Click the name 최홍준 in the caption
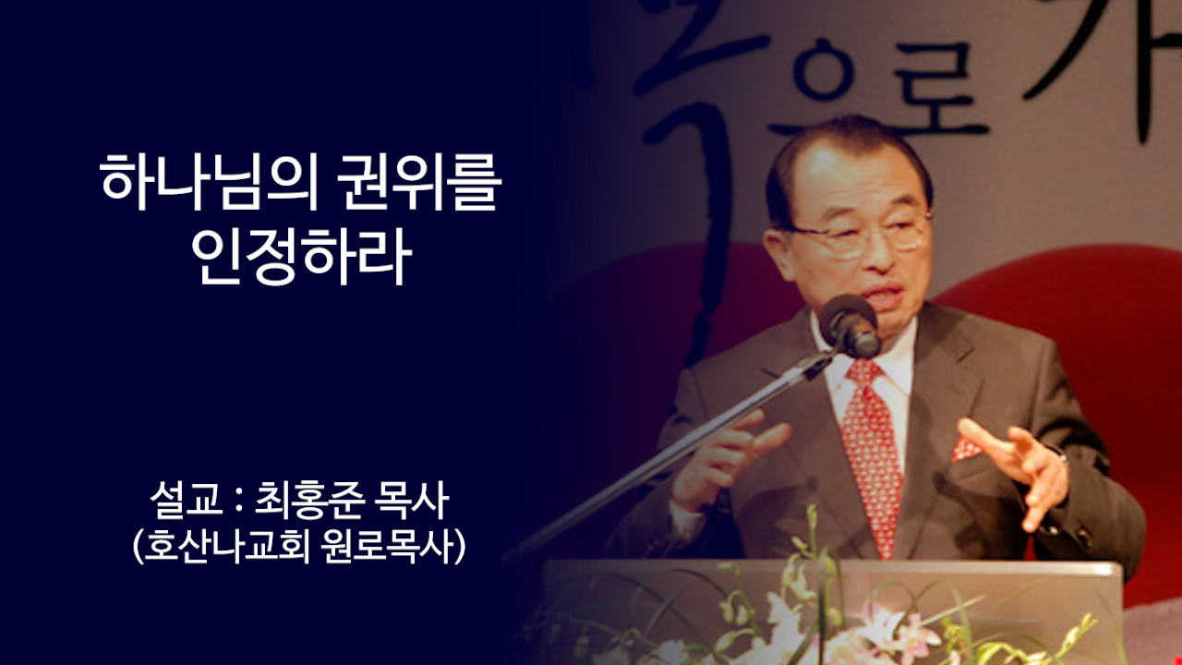click(308, 502)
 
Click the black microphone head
click(850, 324)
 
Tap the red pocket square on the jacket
click(966, 448)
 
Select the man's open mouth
click(884, 298)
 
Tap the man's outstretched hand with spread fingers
click(1020, 463)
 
